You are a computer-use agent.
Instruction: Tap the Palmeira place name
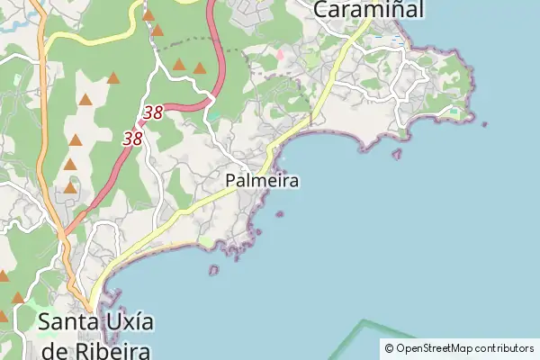point(262,181)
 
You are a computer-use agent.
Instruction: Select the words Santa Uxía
point(95,322)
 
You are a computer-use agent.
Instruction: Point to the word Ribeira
point(113,349)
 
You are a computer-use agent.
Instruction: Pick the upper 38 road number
point(153,113)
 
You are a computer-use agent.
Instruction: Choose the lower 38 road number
point(133,139)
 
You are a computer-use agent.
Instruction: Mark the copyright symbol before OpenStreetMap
point(389,348)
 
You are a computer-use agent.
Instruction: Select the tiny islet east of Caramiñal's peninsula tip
point(484,124)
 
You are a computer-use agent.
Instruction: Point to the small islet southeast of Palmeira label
point(280,214)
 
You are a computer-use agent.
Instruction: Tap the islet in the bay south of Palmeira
point(213,269)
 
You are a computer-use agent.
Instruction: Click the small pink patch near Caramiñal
point(279,56)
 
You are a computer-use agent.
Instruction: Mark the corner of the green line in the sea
point(364,321)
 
